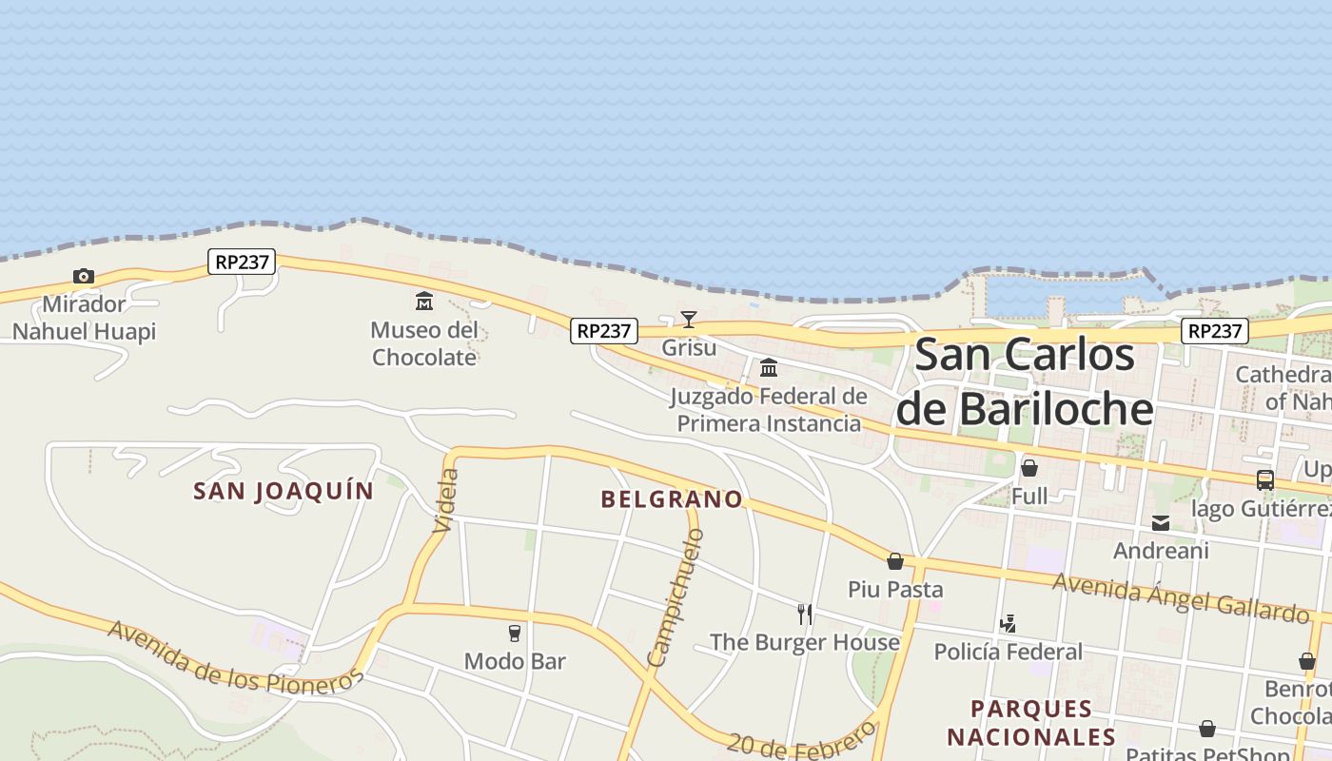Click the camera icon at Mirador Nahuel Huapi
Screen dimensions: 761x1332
click(84, 277)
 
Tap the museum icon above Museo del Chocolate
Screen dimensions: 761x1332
click(424, 302)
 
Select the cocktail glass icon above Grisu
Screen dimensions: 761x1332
click(689, 320)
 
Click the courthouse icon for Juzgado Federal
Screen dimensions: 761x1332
click(768, 367)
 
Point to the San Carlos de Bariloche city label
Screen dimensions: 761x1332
click(1025, 381)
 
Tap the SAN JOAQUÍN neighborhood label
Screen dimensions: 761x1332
click(284, 491)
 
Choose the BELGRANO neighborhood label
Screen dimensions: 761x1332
click(672, 499)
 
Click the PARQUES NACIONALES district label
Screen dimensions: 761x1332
click(1031, 723)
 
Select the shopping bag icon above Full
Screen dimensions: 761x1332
click(1029, 468)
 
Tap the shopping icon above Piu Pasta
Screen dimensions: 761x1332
click(895, 561)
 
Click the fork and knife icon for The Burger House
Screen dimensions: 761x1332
click(805, 614)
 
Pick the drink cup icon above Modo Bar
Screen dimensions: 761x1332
click(515, 633)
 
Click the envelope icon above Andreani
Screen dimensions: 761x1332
click(1161, 522)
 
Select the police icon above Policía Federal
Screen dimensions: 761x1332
click(1009, 624)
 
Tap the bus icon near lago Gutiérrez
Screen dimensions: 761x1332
click(1264, 480)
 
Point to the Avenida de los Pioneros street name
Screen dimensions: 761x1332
click(235, 657)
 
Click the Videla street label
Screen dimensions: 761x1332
click(445, 500)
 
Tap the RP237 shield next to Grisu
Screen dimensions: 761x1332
click(604, 331)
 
